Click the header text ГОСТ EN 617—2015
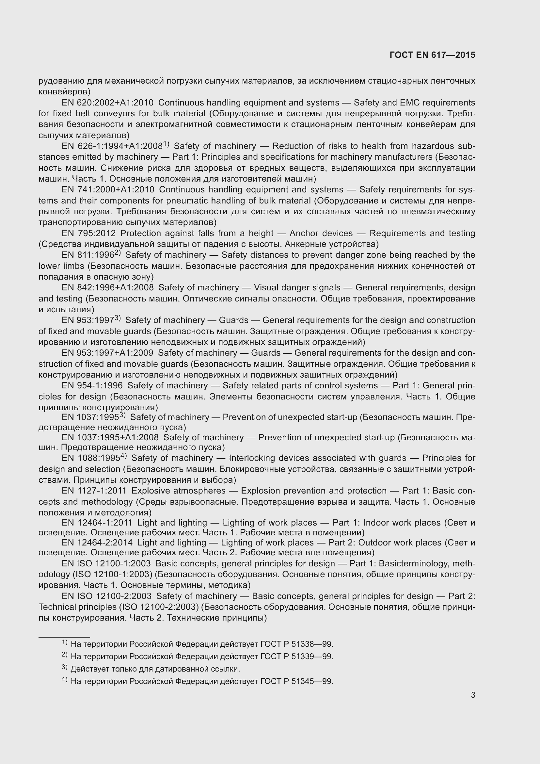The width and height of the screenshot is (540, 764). [432, 55]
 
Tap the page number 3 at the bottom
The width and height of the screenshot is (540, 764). [473, 695]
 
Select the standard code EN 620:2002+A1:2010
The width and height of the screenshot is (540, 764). [107, 103]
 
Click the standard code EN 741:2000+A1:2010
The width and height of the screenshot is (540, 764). [108, 190]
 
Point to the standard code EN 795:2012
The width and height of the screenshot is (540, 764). [88, 233]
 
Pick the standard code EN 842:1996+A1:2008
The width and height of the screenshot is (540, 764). [108, 287]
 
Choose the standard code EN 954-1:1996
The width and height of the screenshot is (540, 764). [92, 386]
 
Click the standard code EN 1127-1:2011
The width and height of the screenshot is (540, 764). [94, 491]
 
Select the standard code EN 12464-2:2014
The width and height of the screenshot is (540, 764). [97, 543]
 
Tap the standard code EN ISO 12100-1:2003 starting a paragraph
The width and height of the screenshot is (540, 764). [106, 564]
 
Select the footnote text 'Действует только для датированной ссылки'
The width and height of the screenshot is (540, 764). [155, 669]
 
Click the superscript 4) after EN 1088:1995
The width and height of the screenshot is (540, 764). [123, 456]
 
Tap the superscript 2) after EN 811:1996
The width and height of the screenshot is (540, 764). [118, 253]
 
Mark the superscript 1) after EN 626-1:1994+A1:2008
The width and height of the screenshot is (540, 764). [166, 144]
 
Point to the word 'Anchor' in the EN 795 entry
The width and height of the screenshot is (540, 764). [303, 233]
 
